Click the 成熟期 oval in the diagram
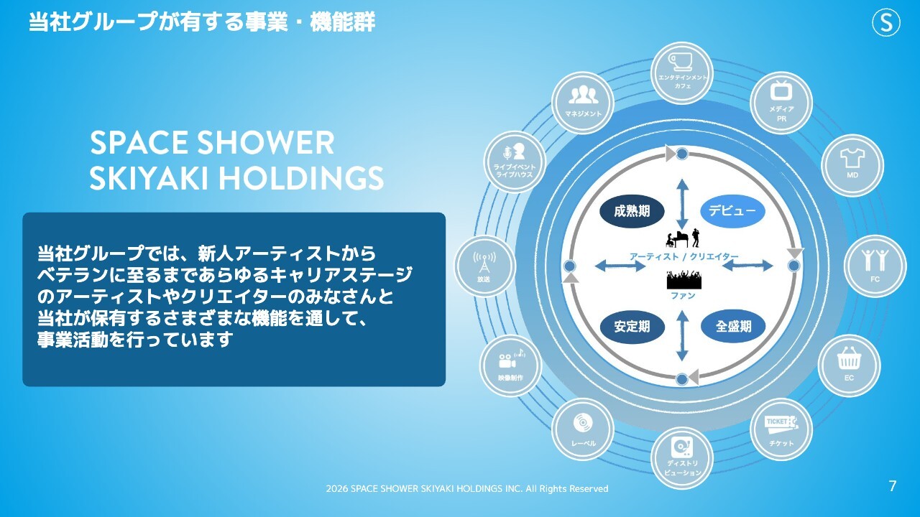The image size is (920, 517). pyautogui.click(x=632, y=211)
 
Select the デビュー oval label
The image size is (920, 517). pyautogui.click(x=732, y=211)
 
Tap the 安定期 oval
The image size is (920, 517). pyautogui.click(x=632, y=327)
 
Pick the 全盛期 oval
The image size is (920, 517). pyautogui.click(x=733, y=327)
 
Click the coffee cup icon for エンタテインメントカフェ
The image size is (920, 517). pyautogui.click(x=681, y=62)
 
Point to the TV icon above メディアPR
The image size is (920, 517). pyautogui.click(x=781, y=90)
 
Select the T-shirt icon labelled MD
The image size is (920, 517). pyautogui.click(x=852, y=157)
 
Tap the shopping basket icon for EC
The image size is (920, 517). pyautogui.click(x=849, y=358)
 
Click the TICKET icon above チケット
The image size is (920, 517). pyautogui.click(x=781, y=424)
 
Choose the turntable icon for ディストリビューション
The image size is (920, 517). pyautogui.click(x=682, y=447)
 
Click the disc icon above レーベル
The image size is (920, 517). pyautogui.click(x=582, y=423)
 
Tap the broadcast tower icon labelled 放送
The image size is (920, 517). pyautogui.click(x=484, y=262)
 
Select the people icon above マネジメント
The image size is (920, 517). pyautogui.click(x=583, y=95)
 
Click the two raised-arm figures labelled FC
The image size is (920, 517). pyautogui.click(x=875, y=260)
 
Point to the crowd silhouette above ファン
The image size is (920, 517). pyautogui.click(x=684, y=279)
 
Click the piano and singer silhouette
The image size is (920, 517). pyautogui.click(x=683, y=238)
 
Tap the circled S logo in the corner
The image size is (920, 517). pyautogui.click(x=886, y=22)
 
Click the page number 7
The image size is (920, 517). pyautogui.click(x=893, y=486)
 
